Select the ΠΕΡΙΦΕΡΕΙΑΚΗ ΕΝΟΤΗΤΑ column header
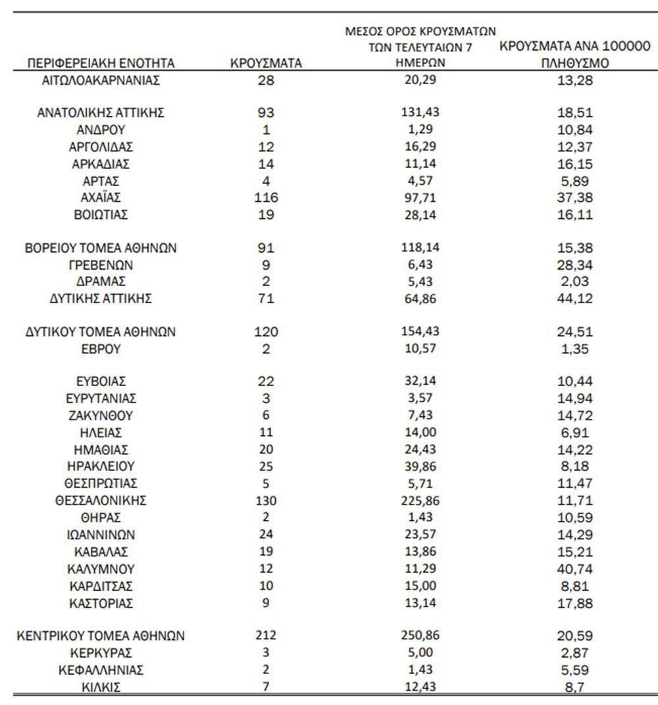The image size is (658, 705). pos(101,64)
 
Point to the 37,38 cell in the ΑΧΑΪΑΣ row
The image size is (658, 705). pos(574,198)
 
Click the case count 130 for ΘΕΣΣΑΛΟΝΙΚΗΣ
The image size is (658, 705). pos(266,501)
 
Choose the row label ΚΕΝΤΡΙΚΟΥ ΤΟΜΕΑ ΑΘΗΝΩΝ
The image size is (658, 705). pos(101,636)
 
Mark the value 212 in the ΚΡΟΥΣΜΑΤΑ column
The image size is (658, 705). pos(266,636)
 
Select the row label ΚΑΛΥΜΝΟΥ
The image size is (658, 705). pos(101,569)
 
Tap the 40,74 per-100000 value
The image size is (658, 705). pos(574,569)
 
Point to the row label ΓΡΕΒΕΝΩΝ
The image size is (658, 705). pos(101,265)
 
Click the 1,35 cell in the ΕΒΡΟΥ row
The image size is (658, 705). pos(574,349)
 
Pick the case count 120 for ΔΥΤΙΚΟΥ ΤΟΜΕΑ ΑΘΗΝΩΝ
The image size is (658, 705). pos(266,332)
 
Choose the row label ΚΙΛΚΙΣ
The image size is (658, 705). pos(101,688)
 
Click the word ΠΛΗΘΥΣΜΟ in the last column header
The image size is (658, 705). pos(574,64)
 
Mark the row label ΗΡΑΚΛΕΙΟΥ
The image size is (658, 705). pos(101,467)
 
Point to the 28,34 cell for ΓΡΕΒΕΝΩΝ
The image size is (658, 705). pos(574,265)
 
